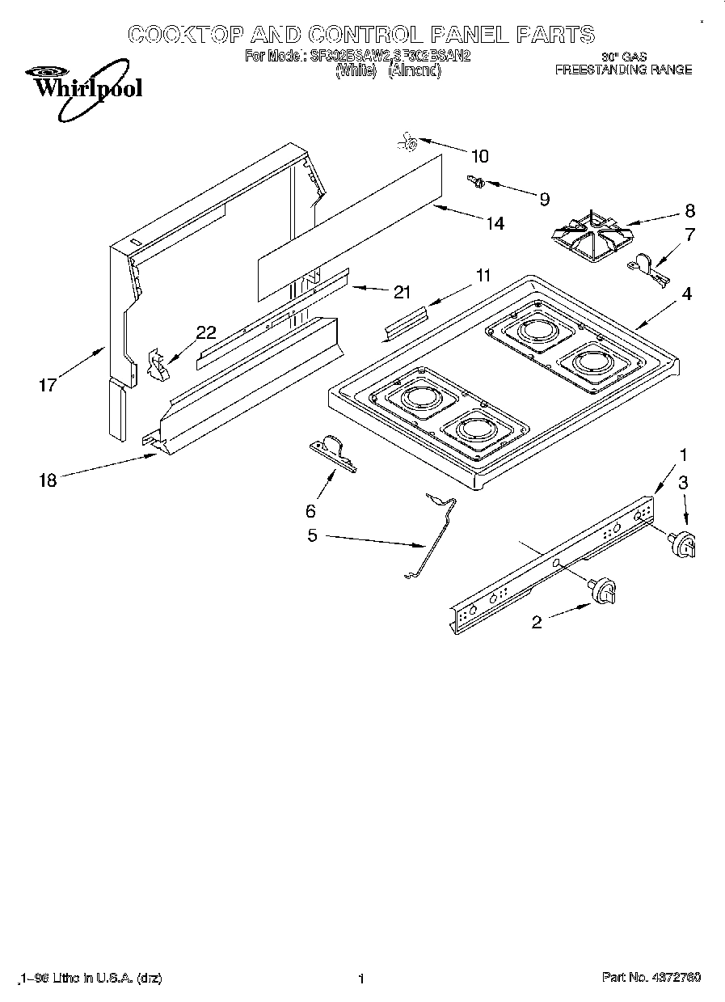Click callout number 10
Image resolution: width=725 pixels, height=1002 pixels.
[x=479, y=156]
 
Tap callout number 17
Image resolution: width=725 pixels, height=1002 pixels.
[x=48, y=384]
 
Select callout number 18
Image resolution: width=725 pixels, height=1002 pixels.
[x=48, y=480]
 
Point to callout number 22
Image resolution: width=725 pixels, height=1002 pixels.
[x=206, y=332]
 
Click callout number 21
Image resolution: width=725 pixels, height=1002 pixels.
[x=402, y=292]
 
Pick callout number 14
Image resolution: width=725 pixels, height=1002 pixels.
[x=494, y=222]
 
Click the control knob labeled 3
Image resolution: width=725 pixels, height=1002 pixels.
[x=684, y=544]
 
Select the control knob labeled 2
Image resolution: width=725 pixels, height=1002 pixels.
[x=604, y=591]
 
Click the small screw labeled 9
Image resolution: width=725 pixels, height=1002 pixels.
[x=475, y=182]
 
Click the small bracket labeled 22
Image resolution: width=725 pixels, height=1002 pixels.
[x=160, y=366]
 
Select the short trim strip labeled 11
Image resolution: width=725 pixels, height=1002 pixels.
[x=407, y=321]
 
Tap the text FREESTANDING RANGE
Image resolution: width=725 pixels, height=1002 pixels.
[x=622, y=70]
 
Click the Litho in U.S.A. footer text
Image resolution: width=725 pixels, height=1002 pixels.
[x=89, y=979]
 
